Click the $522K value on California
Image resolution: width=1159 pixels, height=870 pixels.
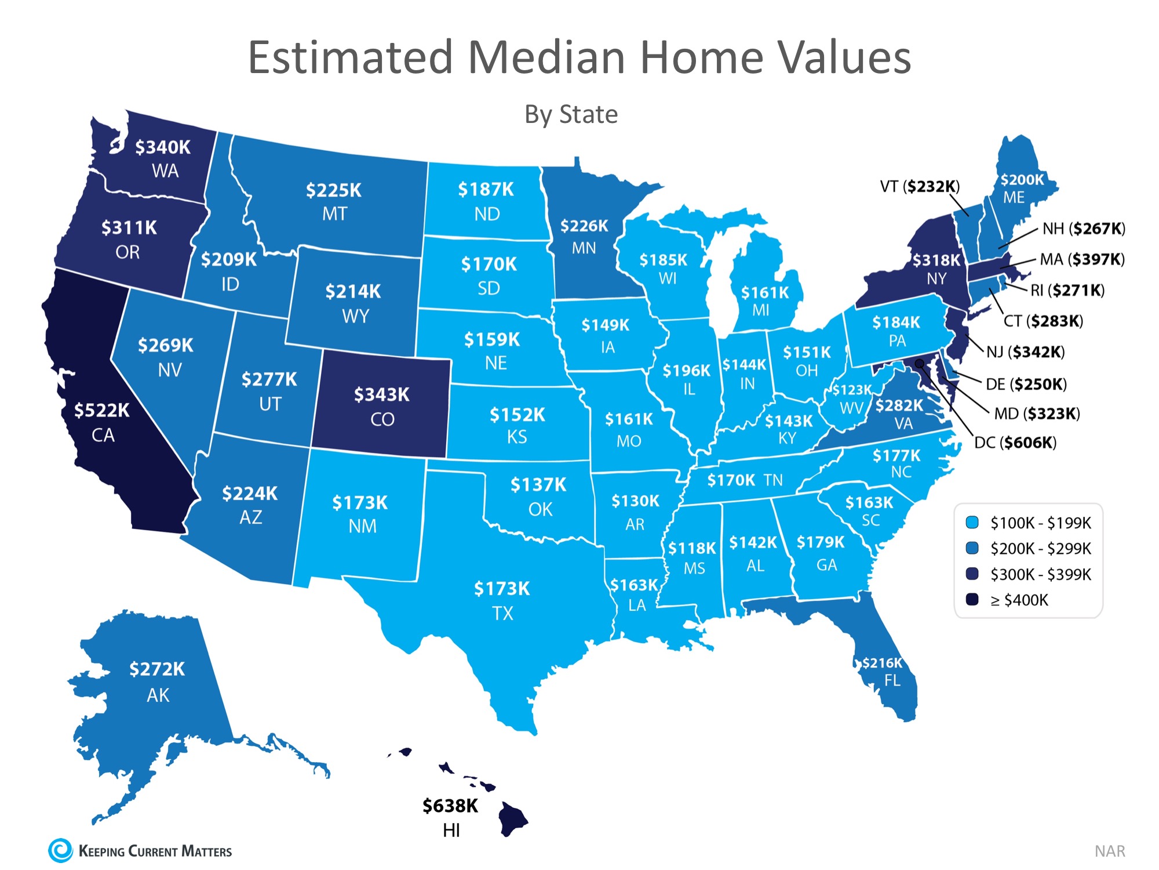pyautogui.click(x=102, y=411)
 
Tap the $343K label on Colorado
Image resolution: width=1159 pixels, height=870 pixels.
pyautogui.click(x=381, y=395)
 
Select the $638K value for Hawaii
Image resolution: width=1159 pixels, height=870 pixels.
pyautogui.click(x=450, y=806)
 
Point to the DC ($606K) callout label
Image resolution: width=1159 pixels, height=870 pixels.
pyautogui.click(x=1015, y=443)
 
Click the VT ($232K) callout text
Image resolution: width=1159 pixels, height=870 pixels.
pyautogui.click(x=920, y=186)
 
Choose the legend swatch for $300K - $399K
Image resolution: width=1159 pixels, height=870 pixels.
pyautogui.click(x=972, y=574)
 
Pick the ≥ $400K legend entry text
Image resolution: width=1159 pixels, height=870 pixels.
pyautogui.click(x=1019, y=600)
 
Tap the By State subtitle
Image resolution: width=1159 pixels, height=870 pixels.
pyautogui.click(x=571, y=114)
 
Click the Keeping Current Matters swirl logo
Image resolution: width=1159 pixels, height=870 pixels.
pyautogui.click(x=60, y=850)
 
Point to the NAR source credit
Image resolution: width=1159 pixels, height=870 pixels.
pyautogui.click(x=1109, y=851)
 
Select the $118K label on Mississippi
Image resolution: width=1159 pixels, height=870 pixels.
pyautogui.click(x=692, y=548)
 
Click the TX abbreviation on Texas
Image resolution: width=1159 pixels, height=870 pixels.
pyautogui.click(x=502, y=613)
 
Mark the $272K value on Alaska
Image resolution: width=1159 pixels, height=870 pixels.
pyautogui.click(x=157, y=669)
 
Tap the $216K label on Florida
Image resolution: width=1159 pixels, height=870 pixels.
pyautogui.click(x=882, y=663)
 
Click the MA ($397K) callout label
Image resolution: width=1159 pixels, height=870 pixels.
pyautogui.click(x=1082, y=259)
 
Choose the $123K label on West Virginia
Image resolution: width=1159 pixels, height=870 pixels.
pyautogui.click(x=852, y=390)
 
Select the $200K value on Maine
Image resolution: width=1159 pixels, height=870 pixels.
pyautogui.click(x=1022, y=180)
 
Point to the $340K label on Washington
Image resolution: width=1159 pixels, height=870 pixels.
pyautogui.click(x=163, y=147)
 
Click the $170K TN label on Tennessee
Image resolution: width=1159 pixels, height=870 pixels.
pyautogui.click(x=745, y=480)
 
